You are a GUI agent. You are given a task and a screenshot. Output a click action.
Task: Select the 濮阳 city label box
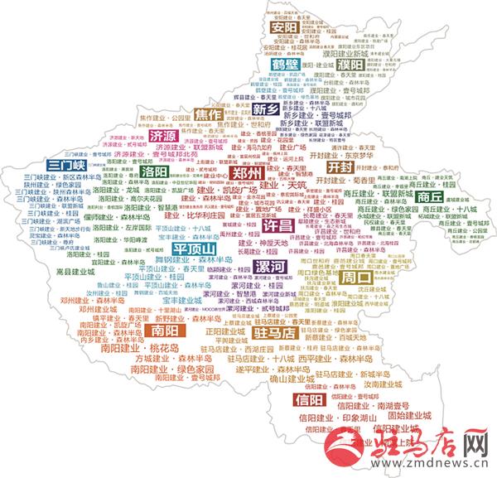350,64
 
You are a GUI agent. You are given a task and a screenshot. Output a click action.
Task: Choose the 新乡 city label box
267,109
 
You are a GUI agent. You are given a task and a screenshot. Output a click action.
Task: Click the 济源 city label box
162,135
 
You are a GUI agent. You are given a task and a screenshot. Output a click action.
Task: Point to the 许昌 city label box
277,225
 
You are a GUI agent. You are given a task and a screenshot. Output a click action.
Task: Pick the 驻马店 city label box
273,333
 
